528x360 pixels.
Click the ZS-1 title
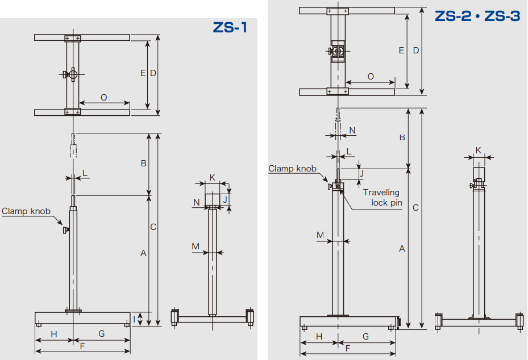pos(230,28)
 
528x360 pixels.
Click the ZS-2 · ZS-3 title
pos(477,16)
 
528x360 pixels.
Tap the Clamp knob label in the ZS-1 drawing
pos(26,211)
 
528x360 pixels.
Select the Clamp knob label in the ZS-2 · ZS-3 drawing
pos(292,169)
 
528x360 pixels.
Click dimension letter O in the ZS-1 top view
pos(103,98)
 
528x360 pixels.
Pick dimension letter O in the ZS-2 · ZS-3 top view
pos(371,77)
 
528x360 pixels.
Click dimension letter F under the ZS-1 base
pos(82,346)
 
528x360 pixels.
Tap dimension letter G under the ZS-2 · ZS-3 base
pos(365,337)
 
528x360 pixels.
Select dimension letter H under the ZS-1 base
pos(54,334)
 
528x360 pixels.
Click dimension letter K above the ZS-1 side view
pos(212,177)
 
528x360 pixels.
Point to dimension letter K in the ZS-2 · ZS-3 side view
pos(478,150)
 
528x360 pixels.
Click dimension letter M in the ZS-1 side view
pos(196,246)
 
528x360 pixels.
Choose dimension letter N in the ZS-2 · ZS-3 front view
pos(352,130)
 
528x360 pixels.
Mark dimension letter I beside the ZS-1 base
pos(134,319)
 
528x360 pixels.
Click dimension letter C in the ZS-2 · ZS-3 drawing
pos(415,208)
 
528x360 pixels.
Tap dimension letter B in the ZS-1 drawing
pos(143,163)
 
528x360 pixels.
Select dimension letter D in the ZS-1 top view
pos(153,73)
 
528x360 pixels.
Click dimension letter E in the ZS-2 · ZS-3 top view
pos(401,51)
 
